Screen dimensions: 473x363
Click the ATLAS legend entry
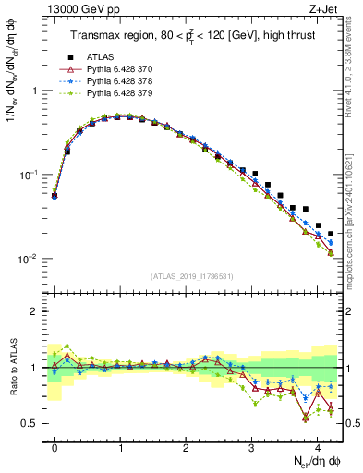click(101, 57)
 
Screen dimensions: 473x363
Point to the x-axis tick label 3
click(251, 443)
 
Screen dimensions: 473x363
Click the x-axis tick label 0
click(54, 443)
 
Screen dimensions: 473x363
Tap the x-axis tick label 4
click(317, 443)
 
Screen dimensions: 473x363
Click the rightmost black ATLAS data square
click(331, 234)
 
